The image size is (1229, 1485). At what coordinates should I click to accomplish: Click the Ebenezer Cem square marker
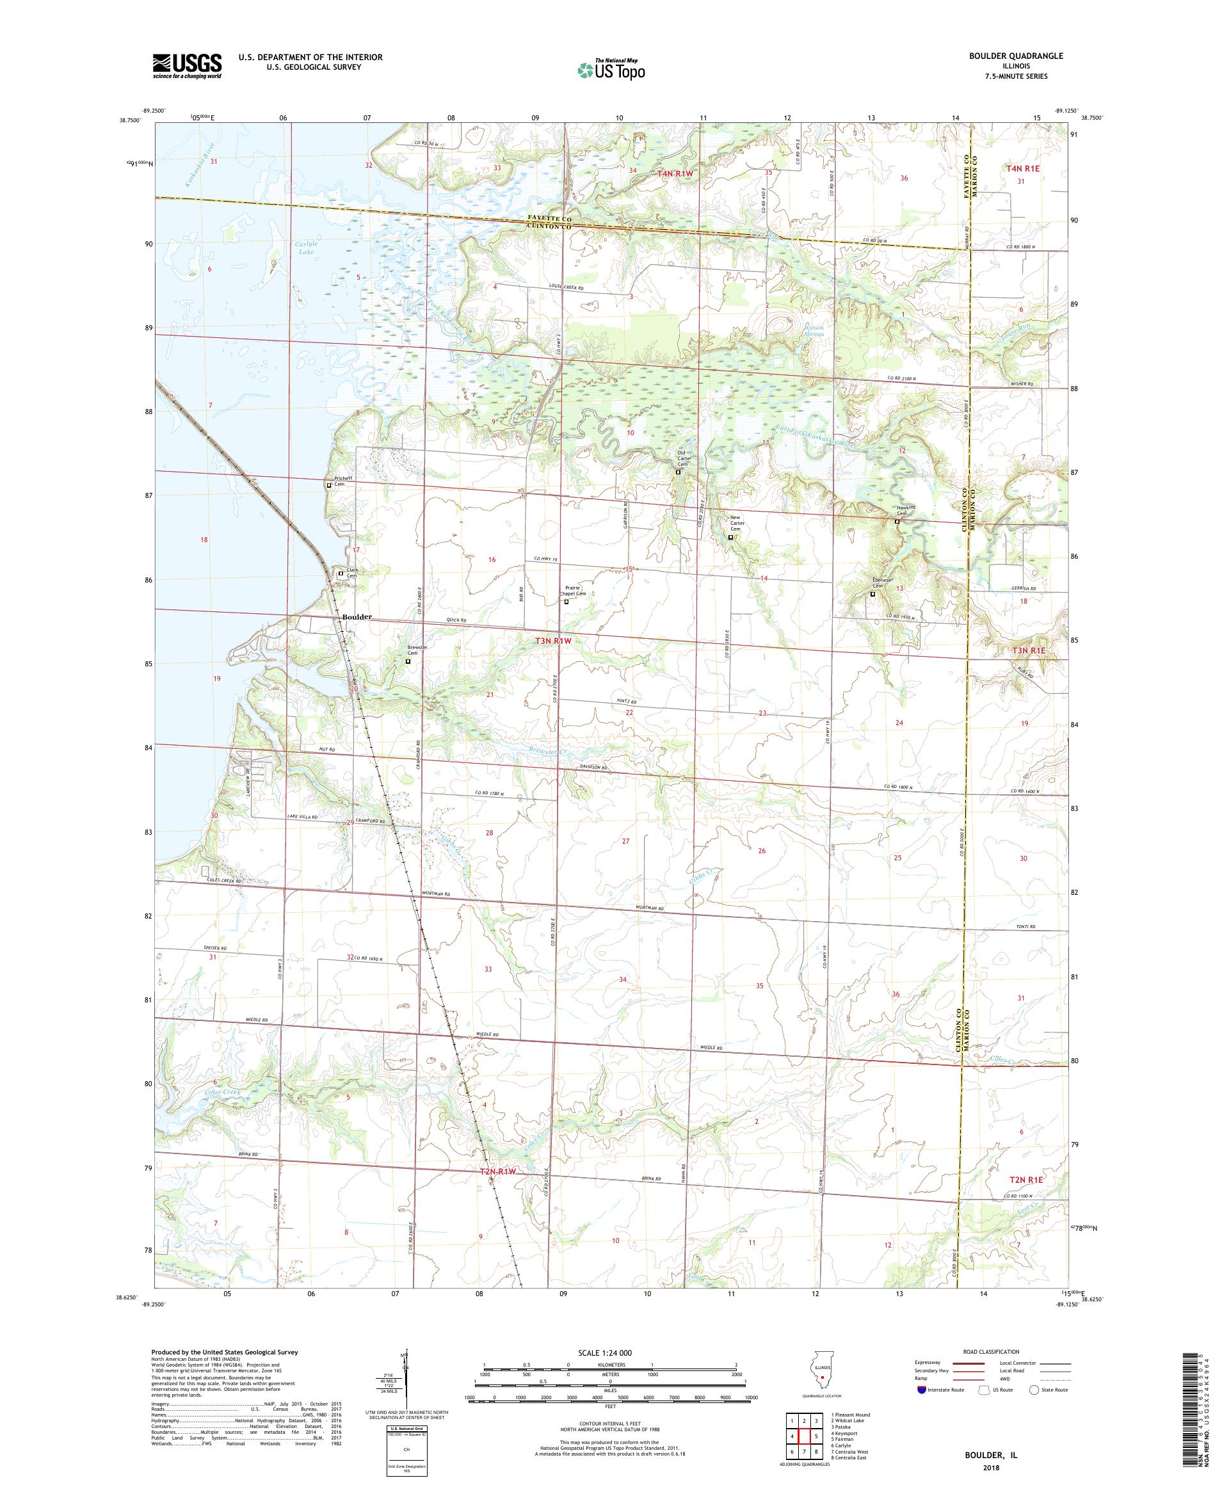[872, 594]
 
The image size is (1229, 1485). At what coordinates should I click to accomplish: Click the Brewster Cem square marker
[407, 662]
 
